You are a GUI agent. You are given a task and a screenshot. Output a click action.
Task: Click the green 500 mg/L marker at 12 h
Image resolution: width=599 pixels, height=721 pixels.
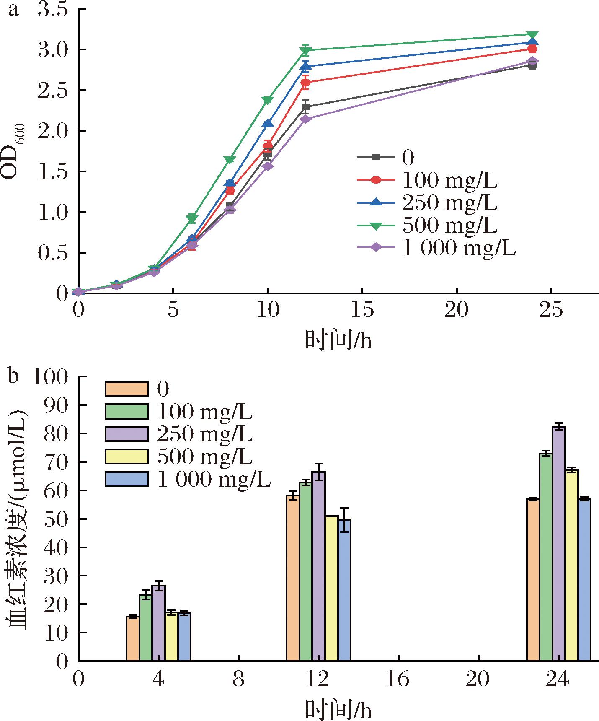pos(305,51)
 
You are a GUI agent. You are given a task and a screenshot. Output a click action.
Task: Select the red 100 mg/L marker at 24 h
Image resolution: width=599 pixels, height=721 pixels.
pos(532,49)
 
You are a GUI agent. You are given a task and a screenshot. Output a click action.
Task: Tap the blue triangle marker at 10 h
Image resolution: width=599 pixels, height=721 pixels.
pos(267,123)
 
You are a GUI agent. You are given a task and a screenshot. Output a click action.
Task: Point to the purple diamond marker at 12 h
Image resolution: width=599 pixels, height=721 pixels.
pos(305,119)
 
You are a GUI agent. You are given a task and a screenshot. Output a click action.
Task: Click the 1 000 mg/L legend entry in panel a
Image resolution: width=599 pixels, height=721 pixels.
pos(436,248)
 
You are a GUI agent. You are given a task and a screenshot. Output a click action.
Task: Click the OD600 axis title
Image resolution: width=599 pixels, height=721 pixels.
pos(15,151)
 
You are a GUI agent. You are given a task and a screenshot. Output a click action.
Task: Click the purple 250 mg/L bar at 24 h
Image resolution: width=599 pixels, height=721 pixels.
pos(559,545)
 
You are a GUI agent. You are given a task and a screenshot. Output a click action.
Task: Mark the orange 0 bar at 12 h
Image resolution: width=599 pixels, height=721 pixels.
pos(292,578)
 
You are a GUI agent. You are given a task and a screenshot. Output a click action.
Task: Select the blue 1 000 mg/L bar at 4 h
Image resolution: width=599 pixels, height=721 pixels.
pos(184,637)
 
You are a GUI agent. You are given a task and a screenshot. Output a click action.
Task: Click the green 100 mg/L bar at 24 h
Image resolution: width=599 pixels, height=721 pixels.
pos(546,558)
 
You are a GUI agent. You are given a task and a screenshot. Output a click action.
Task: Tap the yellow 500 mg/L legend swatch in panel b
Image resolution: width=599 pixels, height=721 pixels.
pos(127,456)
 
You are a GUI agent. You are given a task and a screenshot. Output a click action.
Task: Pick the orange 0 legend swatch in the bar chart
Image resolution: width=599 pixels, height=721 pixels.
pos(127,389)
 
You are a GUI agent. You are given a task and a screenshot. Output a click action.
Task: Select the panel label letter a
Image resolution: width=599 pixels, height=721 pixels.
pos(13,9)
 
